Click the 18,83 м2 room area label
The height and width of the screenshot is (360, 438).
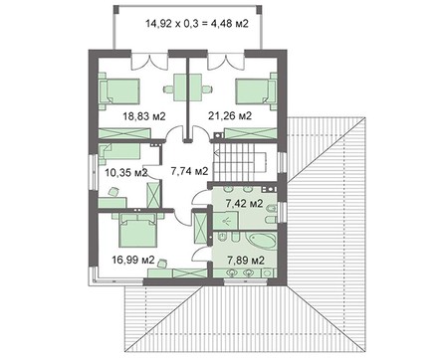[x=144, y=116]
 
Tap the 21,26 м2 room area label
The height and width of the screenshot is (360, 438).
[x=230, y=115]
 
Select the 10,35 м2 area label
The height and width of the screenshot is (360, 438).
[x=126, y=172]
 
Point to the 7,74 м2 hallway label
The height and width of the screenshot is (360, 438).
[x=189, y=171]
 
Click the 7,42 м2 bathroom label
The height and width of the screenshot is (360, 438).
[x=244, y=203]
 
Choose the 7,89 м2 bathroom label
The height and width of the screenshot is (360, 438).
[x=246, y=261]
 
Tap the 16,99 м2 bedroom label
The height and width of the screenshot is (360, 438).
[x=133, y=261]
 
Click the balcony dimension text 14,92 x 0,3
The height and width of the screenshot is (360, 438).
[x=171, y=24]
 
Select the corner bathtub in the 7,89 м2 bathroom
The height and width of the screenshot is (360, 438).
[x=263, y=241]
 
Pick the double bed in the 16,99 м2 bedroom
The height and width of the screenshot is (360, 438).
[x=138, y=231]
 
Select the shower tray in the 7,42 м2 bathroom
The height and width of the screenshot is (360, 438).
[x=226, y=220]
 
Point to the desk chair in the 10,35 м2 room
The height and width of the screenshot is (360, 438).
[x=113, y=192]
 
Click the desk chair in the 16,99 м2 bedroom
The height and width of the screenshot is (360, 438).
[x=162, y=264]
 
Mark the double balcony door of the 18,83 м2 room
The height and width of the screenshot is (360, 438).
[x=149, y=61]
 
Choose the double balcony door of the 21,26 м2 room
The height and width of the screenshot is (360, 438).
[x=226, y=61]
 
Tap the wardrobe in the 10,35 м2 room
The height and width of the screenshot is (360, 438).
[x=153, y=194]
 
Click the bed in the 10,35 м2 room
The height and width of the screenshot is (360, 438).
[x=118, y=154]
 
